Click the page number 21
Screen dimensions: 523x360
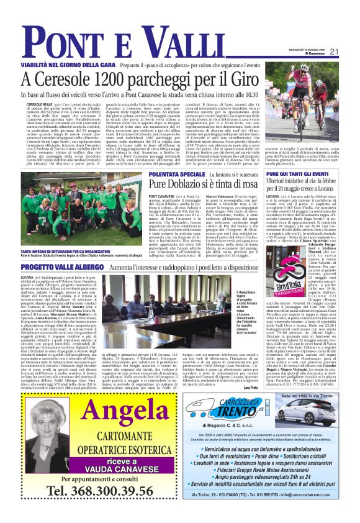(334, 52)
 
